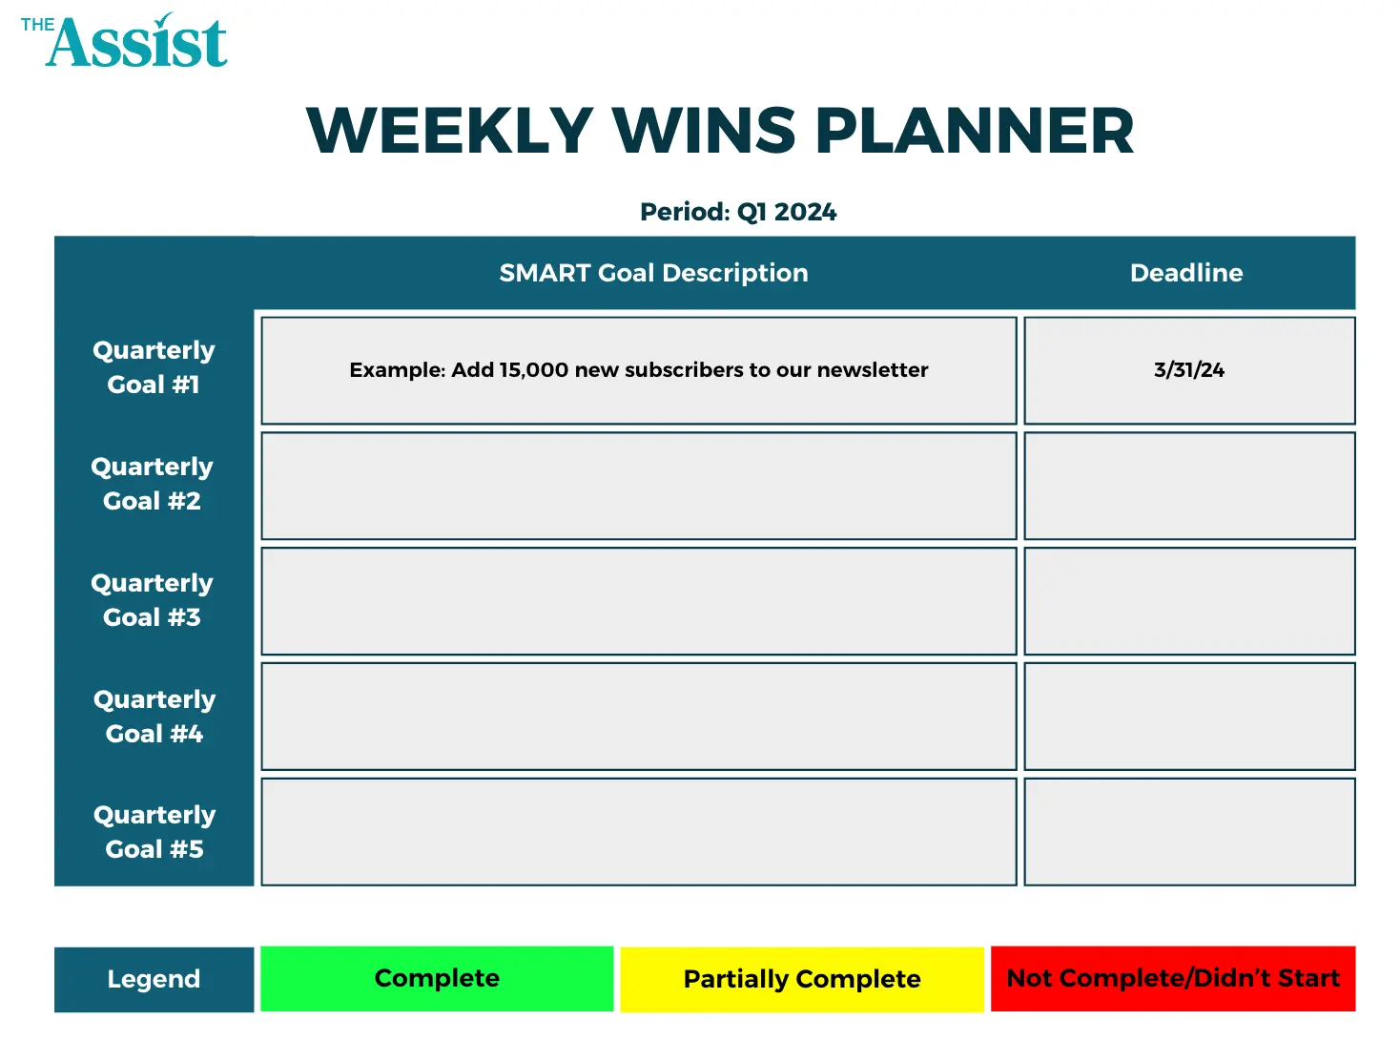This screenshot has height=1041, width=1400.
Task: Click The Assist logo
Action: (x=125, y=42)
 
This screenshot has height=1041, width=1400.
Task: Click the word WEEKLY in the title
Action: (x=450, y=131)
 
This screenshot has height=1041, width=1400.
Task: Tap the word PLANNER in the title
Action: (x=975, y=131)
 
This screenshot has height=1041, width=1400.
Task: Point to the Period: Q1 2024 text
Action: (x=738, y=212)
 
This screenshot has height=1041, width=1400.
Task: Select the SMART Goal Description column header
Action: (x=653, y=273)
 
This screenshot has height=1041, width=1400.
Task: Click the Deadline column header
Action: (x=1186, y=273)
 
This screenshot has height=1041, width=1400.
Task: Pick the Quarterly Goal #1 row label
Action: (x=154, y=367)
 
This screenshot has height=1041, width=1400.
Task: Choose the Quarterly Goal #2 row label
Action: (x=153, y=484)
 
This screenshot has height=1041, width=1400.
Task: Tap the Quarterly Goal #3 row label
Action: (x=153, y=600)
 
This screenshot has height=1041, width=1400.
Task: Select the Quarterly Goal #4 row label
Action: (x=154, y=717)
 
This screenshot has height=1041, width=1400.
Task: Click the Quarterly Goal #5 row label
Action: (x=154, y=832)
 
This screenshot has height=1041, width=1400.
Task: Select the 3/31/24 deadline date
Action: (x=1189, y=370)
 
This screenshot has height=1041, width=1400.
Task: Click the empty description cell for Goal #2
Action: (x=639, y=486)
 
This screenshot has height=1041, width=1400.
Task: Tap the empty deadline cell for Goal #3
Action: (x=1189, y=601)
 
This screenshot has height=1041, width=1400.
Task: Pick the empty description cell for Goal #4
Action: (x=639, y=717)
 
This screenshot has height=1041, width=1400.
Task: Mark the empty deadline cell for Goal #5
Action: (x=1189, y=832)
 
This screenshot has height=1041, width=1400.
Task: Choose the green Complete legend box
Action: (x=437, y=979)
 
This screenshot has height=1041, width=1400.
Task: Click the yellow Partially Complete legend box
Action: (x=802, y=979)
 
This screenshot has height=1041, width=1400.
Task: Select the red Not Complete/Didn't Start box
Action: (x=1173, y=979)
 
